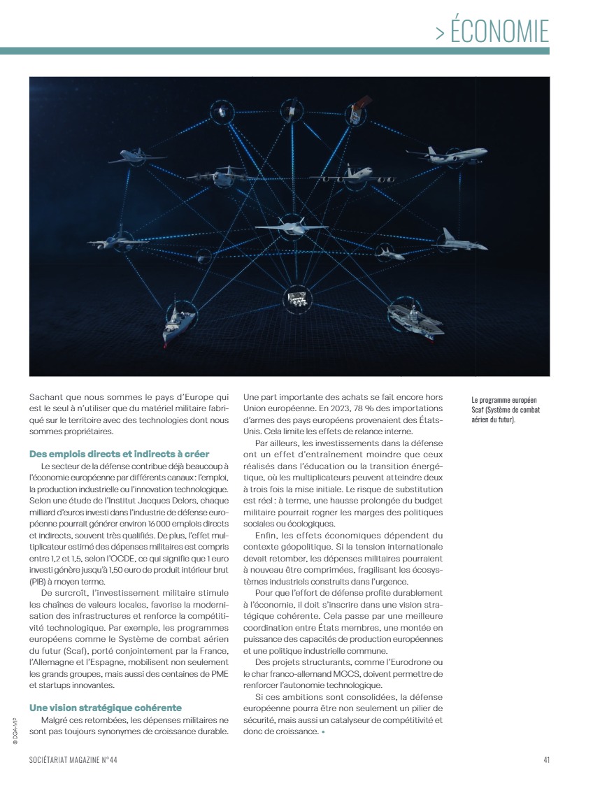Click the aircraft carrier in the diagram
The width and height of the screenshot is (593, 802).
pos(416,320)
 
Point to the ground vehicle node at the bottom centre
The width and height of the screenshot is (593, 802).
pos(296,299)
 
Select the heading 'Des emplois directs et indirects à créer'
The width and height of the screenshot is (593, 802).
pos(119,454)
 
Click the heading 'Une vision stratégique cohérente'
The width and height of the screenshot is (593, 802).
pos(106,708)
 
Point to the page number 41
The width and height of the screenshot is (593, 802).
pos(546,761)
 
